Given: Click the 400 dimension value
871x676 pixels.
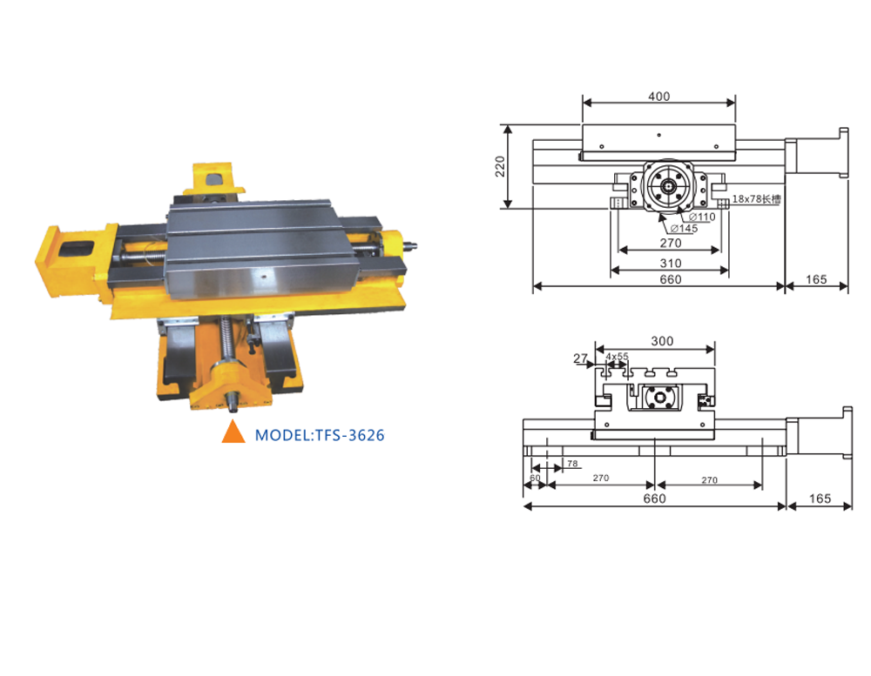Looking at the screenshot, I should point(659,96).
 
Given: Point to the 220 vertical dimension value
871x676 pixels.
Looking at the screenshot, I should point(500,165).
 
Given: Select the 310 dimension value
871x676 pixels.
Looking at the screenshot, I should point(671,262).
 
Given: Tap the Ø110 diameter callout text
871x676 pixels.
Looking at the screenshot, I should point(702,216).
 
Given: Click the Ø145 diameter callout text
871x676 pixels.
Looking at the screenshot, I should point(683,228).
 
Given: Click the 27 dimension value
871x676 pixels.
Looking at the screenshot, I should point(579,357).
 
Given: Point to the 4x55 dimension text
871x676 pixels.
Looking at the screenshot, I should point(617,357).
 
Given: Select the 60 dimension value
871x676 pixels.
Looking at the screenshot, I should point(535,479).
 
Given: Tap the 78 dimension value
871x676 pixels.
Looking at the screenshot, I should point(572,464).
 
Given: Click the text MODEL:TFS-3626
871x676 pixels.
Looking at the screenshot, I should point(320,434).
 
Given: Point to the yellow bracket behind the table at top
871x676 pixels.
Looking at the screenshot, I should point(214,178).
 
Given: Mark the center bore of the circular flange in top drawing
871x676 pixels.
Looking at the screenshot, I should point(669,185).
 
